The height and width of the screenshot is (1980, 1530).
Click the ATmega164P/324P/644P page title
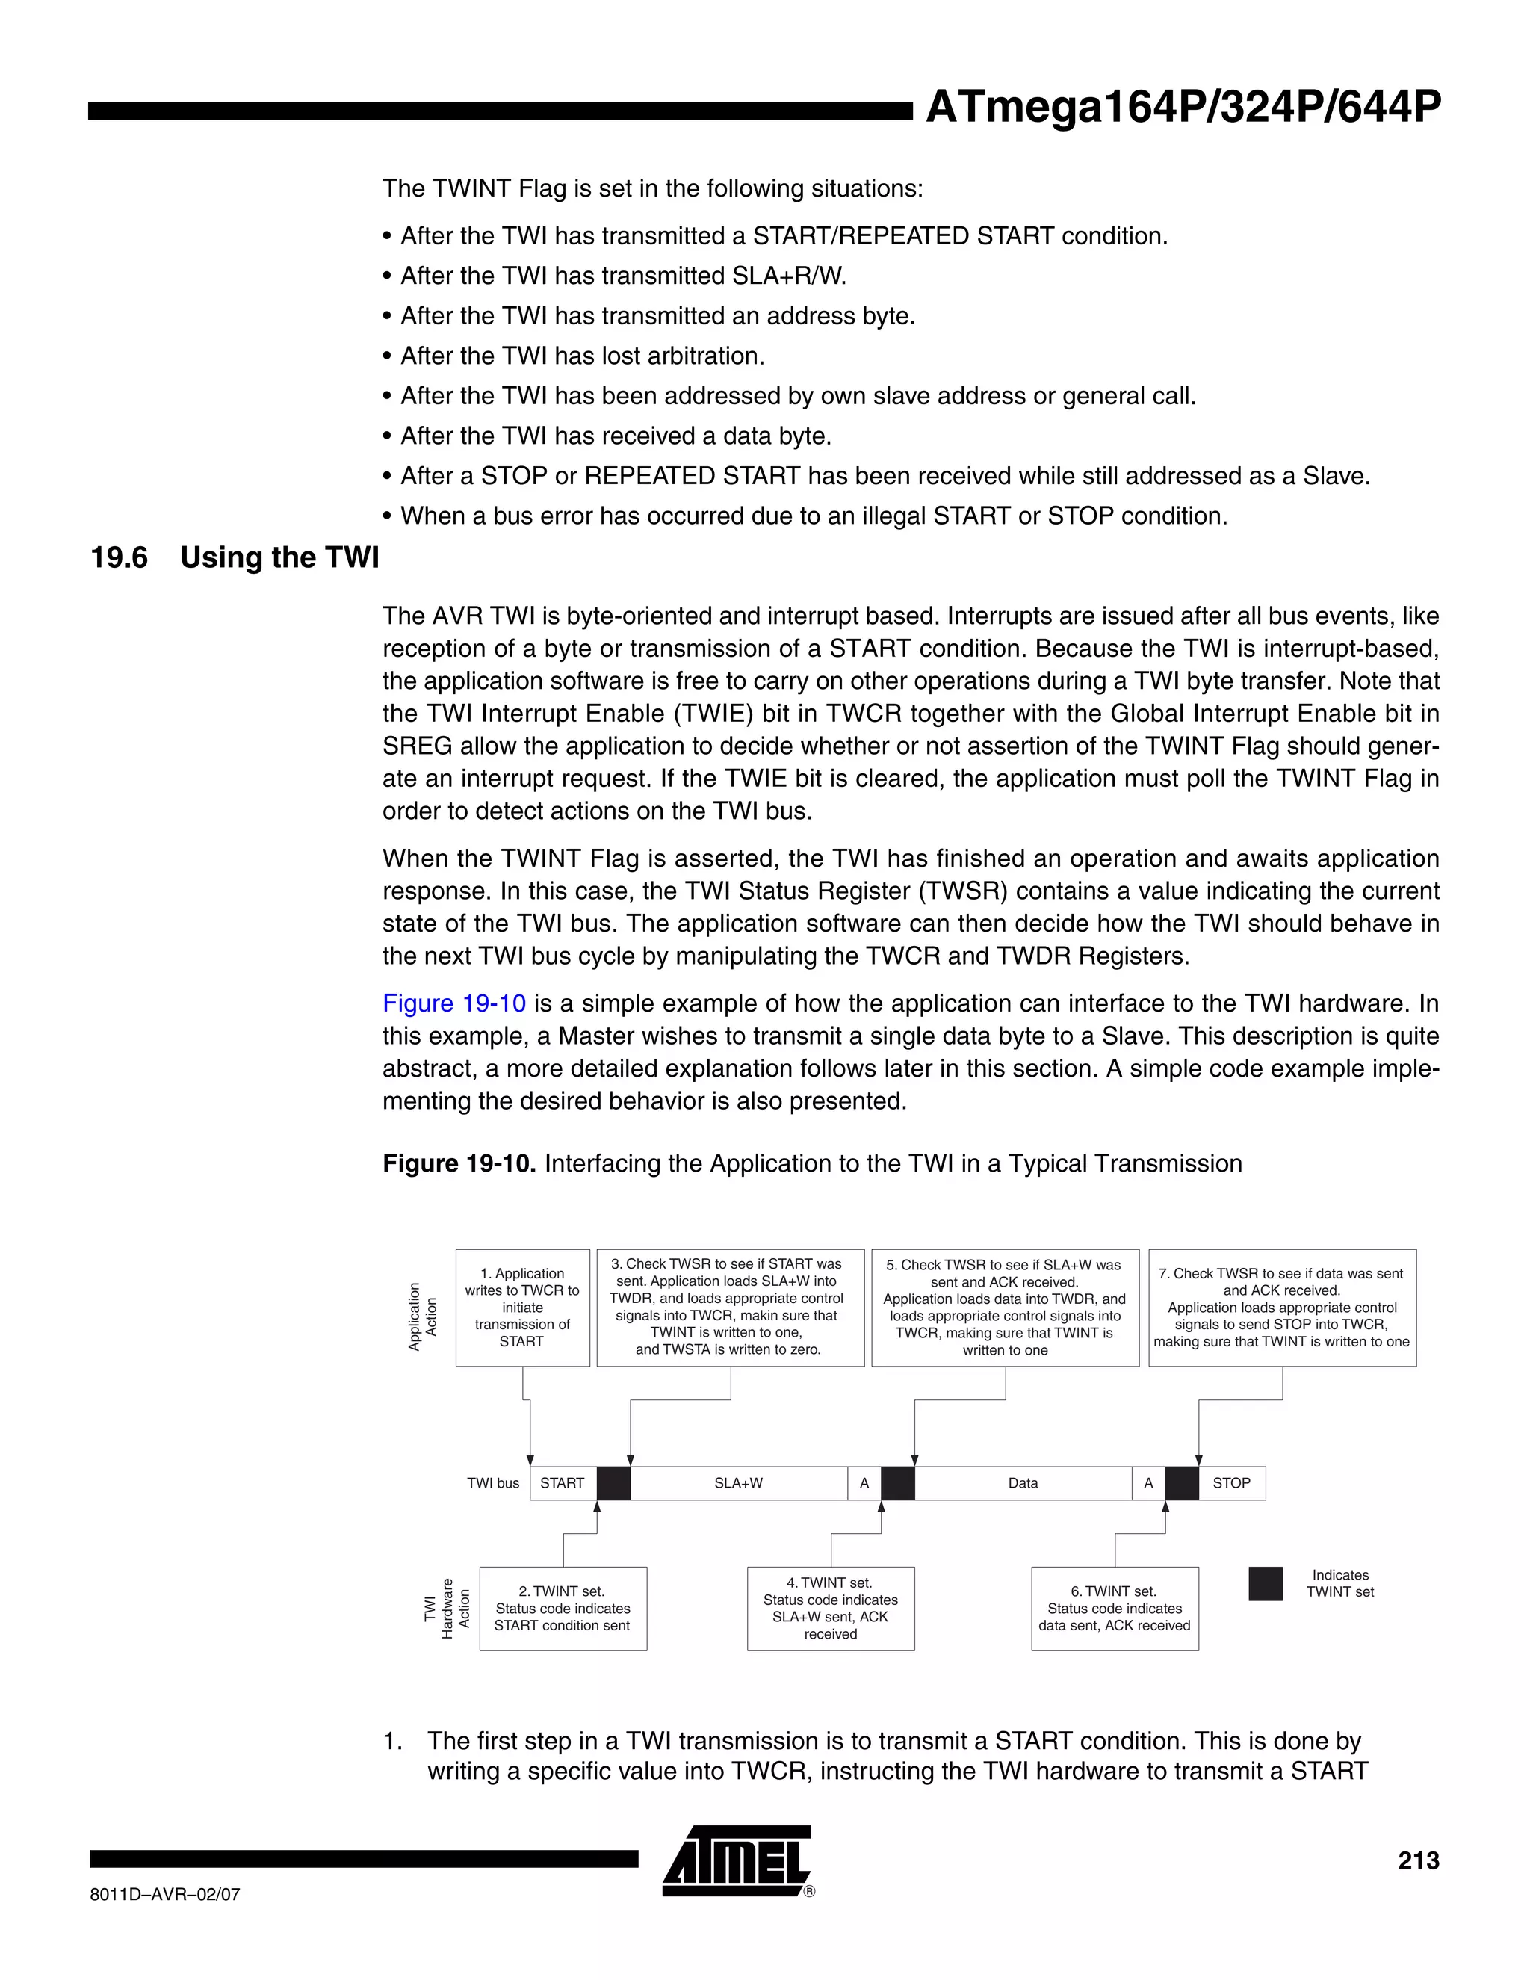pyautogui.click(x=1182, y=108)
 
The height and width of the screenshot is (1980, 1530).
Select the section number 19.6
pyautogui.click(x=119, y=557)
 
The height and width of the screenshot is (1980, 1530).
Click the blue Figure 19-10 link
pyautogui.click(x=453, y=1003)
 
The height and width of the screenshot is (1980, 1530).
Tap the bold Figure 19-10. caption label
pyautogui.click(x=459, y=1163)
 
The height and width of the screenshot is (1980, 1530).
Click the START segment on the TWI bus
pyautogui.click(x=562, y=1483)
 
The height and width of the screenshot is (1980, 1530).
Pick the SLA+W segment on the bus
pyautogui.click(x=738, y=1483)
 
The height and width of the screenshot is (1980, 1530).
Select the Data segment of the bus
pyautogui.click(x=1023, y=1483)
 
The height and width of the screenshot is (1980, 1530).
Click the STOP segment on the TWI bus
pyautogui.click(x=1231, y=1483)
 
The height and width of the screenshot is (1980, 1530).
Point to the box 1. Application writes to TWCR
pyautogui.click(x=522, y=1308)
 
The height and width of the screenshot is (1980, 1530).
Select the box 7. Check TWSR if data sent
pyautogui.click(x=1282, y=1308)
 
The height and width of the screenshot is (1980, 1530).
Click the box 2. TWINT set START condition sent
pyautogui.click(x=562, y=1609)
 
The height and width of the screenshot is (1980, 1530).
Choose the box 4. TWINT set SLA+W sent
pyautogui.click(x=830, y=1609)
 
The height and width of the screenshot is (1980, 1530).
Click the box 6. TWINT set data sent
pyautogui.click(x=1114, y=1609)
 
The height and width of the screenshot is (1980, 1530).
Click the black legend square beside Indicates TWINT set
pyautogui.click(x=1265, y=1584)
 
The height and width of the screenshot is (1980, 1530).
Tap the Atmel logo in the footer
pyautogui.click(x=736, y=1860)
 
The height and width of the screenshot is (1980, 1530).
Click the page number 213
pyautogui.click(x=1418, y=1861)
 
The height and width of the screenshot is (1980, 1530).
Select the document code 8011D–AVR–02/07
pyautogui.click(x=165, y=1894)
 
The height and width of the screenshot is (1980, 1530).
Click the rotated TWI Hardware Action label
pyautogui.click(x=447, y=1609)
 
